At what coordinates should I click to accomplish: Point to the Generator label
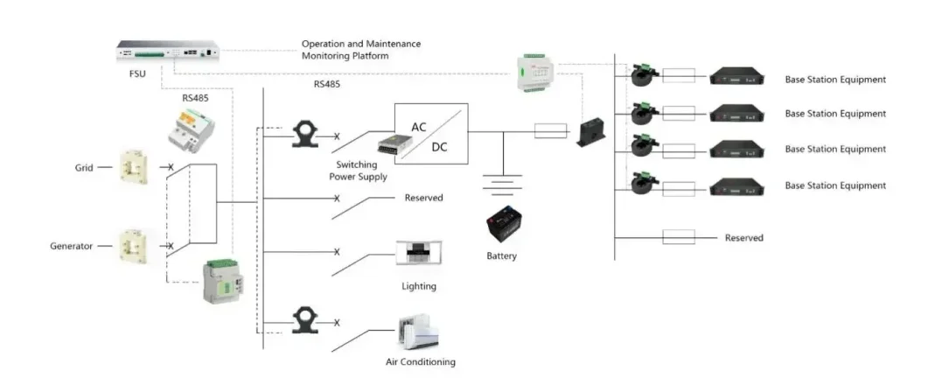(71, 246)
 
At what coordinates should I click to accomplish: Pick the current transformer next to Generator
(137, 247)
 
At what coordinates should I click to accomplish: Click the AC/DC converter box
(430, 132)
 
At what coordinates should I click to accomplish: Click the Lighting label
(418, 286)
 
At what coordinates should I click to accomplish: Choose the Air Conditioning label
(420, 361)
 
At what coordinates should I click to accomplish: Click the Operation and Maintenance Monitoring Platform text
(360, 49)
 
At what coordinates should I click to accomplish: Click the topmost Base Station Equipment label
(834, 80)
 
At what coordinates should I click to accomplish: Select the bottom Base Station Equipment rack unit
(739, 185)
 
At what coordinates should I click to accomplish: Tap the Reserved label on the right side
(743, 238)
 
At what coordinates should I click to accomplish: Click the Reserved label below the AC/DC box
(423, 198)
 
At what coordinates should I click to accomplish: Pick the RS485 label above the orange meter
(195, 98)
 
